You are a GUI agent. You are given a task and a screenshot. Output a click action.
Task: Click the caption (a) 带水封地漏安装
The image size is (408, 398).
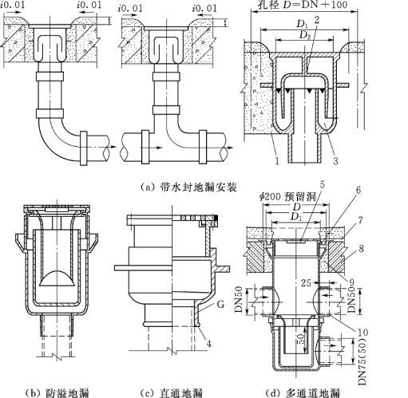(188, 187)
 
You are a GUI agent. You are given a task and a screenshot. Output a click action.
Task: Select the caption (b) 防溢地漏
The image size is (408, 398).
(57, 392)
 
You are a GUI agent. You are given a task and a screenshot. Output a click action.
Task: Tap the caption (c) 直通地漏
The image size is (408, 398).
(172, 392)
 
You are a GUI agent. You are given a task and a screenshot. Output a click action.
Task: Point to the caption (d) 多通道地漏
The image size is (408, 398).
(303, 392)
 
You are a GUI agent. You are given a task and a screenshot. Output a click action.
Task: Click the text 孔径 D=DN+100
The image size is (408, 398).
(303, 5)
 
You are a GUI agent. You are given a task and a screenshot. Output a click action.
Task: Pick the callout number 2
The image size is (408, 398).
(316, 20)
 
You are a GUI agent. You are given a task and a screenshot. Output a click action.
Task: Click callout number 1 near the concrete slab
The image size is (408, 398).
(277, 160)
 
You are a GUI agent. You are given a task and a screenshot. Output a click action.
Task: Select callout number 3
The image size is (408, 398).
(335, 160)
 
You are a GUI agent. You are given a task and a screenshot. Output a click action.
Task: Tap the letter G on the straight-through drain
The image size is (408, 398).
(220, 304)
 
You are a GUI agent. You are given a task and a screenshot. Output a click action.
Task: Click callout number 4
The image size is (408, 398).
(209, 344)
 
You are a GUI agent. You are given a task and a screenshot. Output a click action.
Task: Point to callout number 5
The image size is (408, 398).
(323, 184)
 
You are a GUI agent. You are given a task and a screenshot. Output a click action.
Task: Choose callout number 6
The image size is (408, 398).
(358, 190)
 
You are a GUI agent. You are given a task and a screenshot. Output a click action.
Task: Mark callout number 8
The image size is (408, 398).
(361, 249)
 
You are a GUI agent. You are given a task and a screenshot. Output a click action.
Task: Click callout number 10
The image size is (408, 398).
(362, 332)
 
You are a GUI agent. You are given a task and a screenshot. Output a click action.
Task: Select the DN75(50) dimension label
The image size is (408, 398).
(362, 361)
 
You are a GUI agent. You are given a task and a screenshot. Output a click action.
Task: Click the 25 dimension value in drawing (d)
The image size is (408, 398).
(306, 282)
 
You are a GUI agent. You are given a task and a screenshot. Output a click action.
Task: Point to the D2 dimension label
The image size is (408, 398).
(304, 35)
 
